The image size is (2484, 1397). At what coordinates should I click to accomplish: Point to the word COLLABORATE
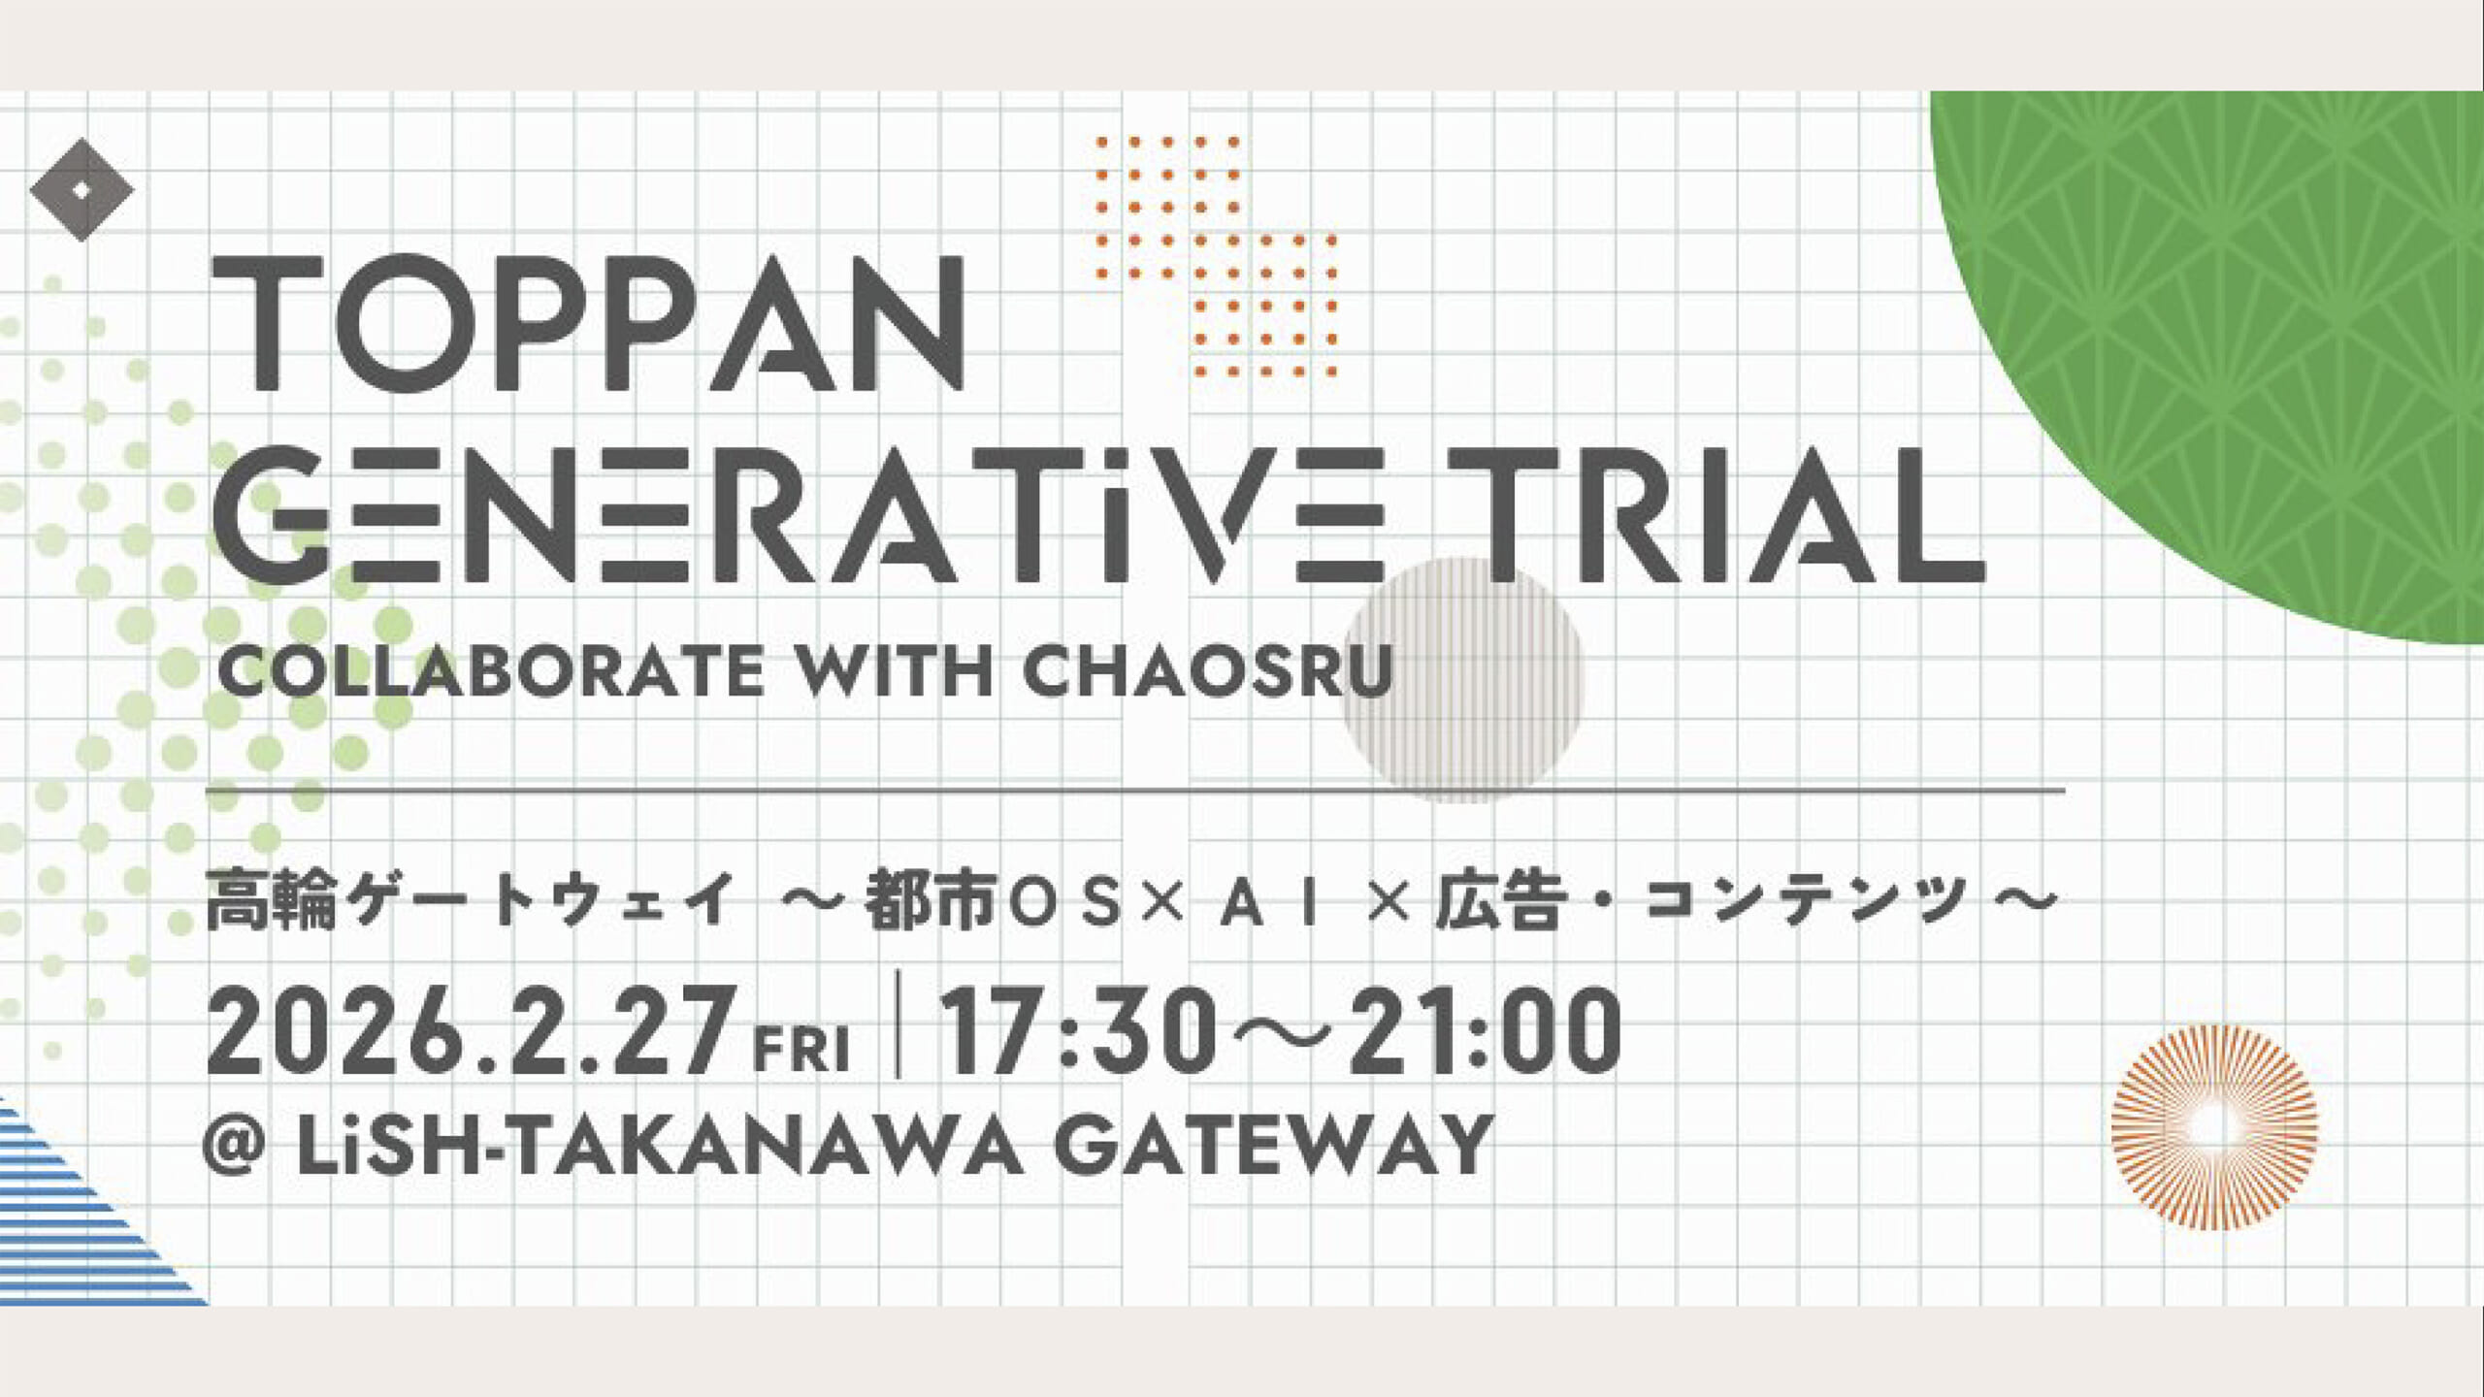[x=491, y=671]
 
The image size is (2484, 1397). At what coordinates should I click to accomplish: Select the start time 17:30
[x=1079, y=1032]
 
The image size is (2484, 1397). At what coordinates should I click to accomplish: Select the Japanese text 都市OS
[x=998, y=902]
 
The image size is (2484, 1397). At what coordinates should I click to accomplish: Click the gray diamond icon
[x=82, y=190]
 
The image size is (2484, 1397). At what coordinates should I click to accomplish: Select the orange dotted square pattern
[x=1217, y=256]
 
